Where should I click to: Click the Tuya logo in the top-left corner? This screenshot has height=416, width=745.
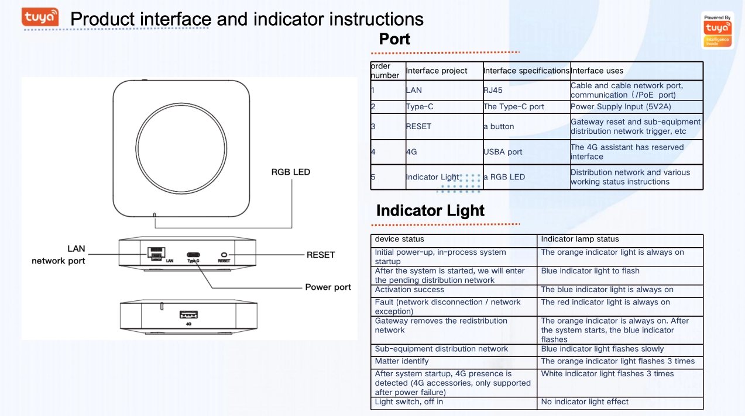coord(40,18)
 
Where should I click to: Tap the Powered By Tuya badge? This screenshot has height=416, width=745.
coord(717,30)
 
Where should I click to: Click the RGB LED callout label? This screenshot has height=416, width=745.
coord(290,172)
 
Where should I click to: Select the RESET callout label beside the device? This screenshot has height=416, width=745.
coord(321,255)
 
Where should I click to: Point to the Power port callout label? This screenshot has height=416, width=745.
coord(328,287)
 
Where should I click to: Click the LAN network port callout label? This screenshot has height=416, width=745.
coord(59,255)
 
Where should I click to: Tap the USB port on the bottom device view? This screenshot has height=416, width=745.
coord(188,315)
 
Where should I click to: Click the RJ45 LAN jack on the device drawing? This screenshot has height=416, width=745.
coord(156,253)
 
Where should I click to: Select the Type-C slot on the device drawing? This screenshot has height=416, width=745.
coord(193,255)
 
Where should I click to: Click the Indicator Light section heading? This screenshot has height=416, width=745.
coord(430,210)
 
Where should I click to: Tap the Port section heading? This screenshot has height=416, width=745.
coord(394,39)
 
